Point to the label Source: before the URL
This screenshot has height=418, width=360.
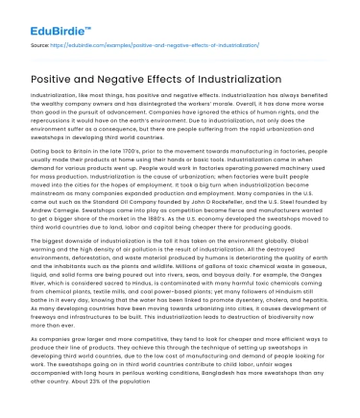pyautogui.click(x=41, y=44)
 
